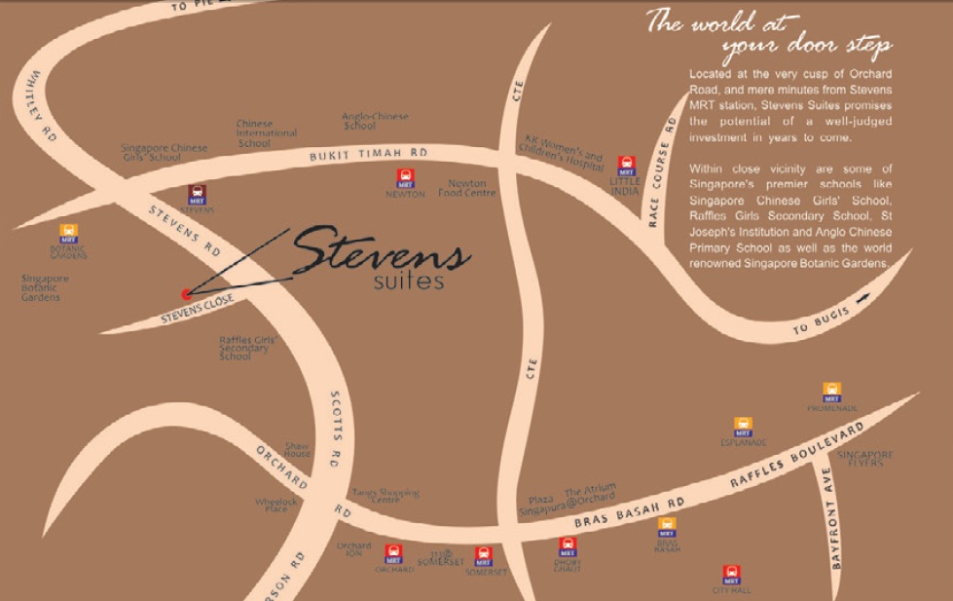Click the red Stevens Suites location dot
click(186, 293)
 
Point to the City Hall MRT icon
click(731, 575)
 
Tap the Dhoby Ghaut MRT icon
click(568, 546)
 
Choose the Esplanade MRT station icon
click(744, 426)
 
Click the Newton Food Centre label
click(472, 188)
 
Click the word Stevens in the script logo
click(380, 252)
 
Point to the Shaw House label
click(298, 449)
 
